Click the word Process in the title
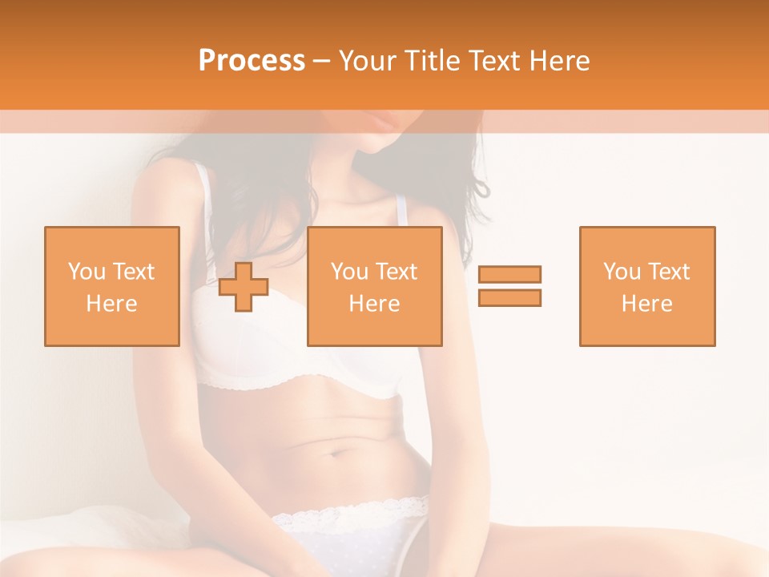[252, 61]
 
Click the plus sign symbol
[244, 287]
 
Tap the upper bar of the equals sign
[509, 274]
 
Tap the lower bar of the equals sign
[509, 297]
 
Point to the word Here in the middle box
[375, 304]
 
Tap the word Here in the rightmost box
[647, 304]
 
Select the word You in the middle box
[350, 272]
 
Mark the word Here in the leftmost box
[112, 304]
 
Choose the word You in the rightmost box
[622, 272]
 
